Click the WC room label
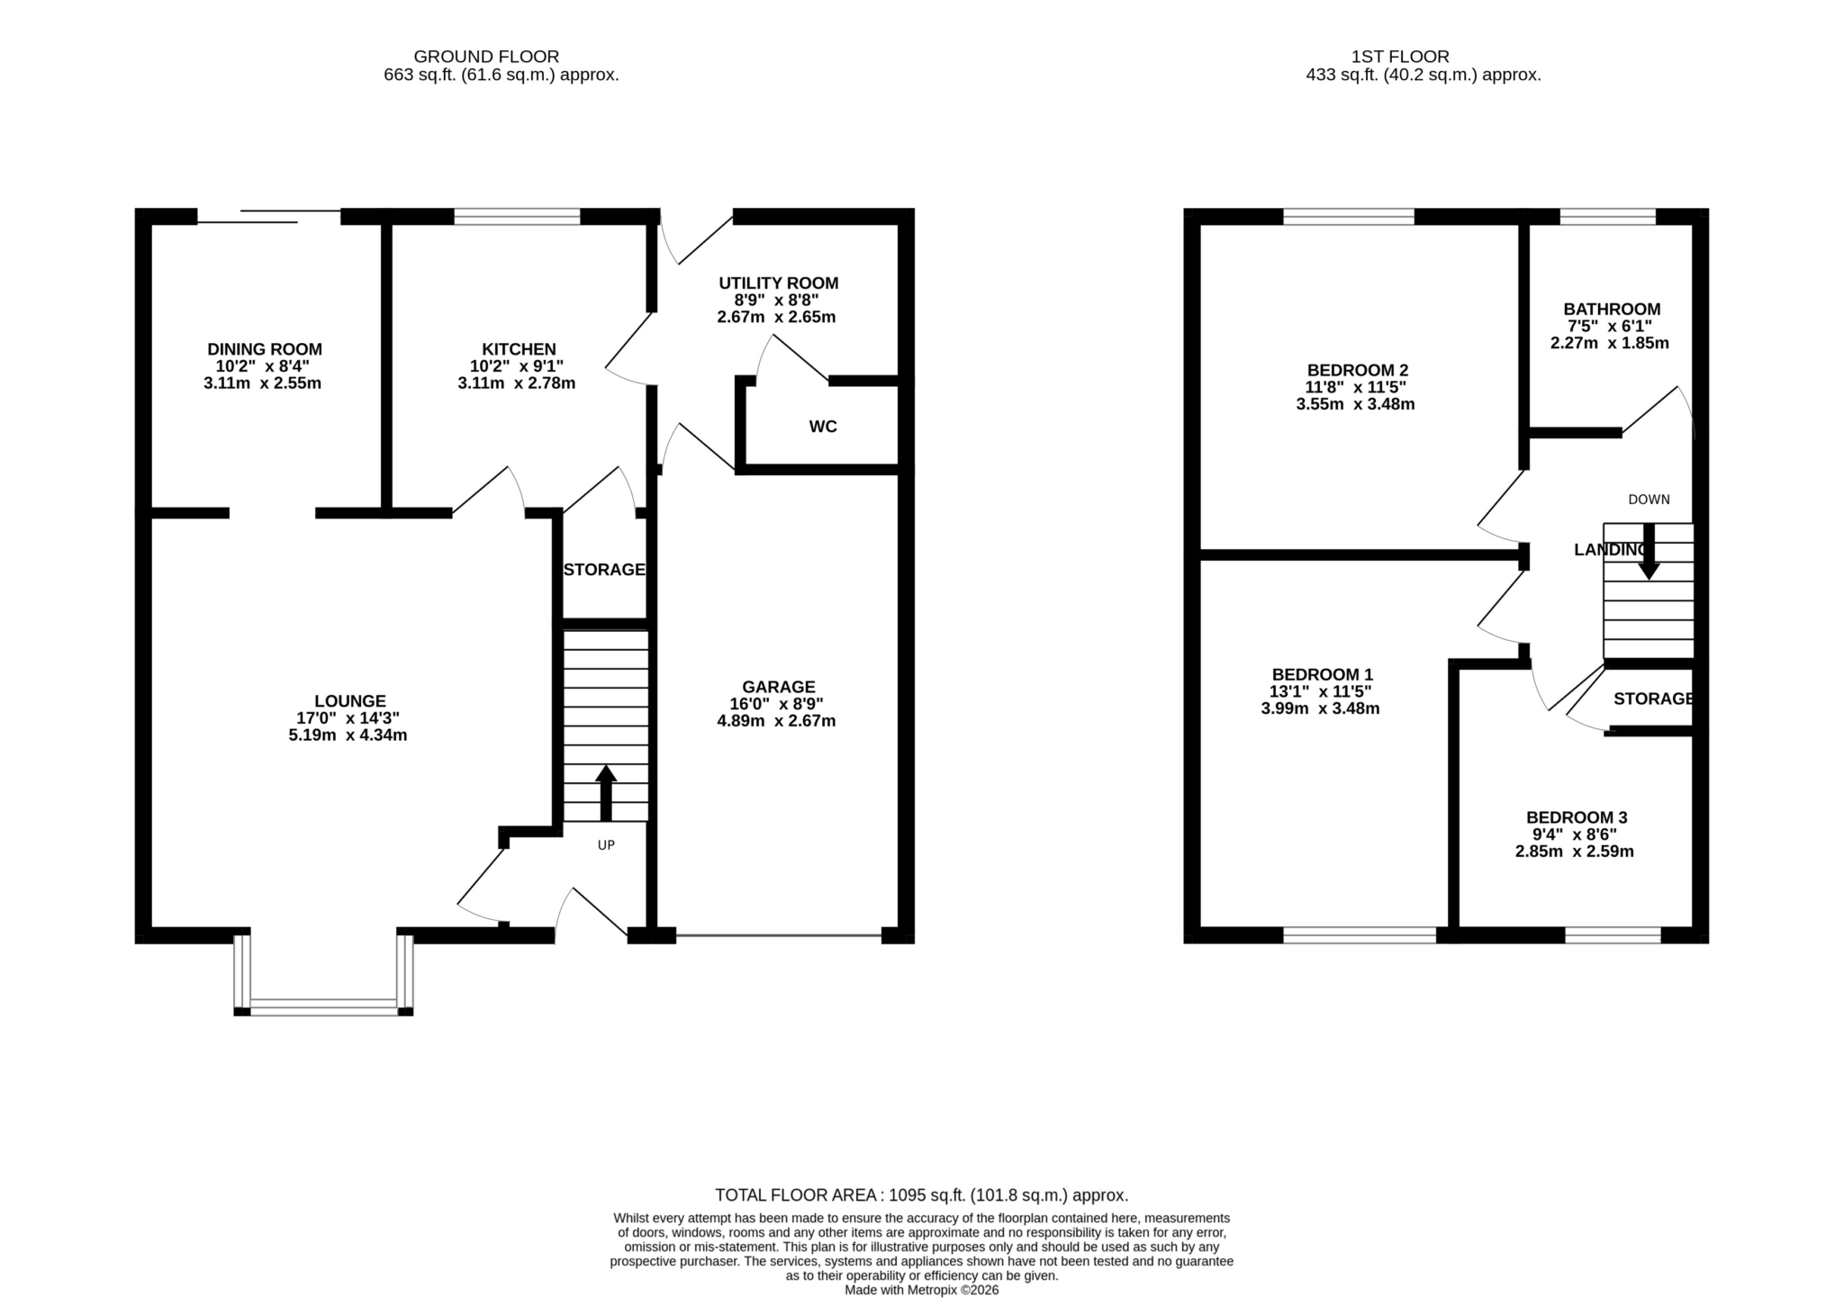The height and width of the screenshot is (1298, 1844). (x=823, y=427)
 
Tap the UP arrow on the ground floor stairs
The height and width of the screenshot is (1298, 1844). (x=606, y=793)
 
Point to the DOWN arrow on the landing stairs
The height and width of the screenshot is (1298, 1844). (x=1649, y=551)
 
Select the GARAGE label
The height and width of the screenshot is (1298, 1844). (x=779, y=687)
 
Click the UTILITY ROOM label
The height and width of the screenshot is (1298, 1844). (x=779, y=284)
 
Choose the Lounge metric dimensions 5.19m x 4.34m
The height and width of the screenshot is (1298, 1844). (x=348, y=735)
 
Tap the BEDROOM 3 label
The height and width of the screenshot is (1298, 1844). (x=1577, y=817)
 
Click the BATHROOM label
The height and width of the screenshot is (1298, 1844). (x=1612, y=310)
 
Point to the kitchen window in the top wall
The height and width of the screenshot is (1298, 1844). (x=517, y=216)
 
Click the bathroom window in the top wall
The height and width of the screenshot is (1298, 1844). (x=1607, y=216)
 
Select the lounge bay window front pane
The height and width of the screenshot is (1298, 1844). (x=324, y=1007)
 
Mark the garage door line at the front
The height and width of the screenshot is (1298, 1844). (x=779, y=936)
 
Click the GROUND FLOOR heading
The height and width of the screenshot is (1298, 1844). (x=486, y=57)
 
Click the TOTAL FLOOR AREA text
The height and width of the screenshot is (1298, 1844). (x=921, y=1195)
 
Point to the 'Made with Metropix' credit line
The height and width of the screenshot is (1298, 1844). (x=921, y=1290)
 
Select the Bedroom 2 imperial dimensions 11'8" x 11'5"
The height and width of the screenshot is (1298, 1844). (x=1355, y=387)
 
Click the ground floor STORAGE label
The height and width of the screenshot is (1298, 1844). (x=604, y=570)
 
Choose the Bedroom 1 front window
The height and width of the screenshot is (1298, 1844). (x=1360, y=936)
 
